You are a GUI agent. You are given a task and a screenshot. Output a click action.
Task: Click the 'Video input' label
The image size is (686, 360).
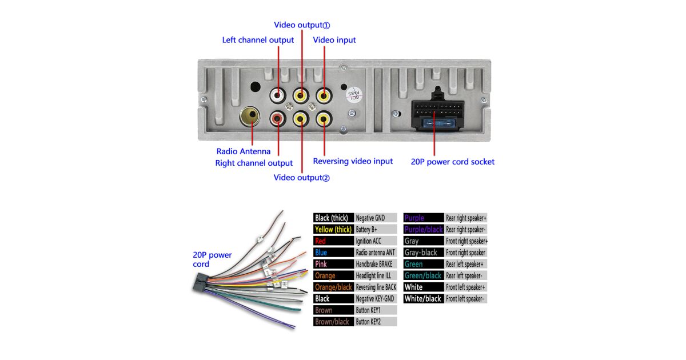334,40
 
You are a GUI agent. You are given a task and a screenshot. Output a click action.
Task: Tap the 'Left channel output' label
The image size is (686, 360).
258,40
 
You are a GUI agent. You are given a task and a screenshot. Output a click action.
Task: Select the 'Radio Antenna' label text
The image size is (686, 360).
244,151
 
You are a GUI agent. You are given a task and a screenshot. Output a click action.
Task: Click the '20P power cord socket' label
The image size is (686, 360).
452,162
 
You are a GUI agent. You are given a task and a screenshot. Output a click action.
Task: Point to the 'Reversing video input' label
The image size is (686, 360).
353,161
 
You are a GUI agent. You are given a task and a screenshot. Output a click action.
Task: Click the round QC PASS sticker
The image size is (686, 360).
354,94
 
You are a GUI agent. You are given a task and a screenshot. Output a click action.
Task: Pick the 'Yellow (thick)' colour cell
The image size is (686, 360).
333,229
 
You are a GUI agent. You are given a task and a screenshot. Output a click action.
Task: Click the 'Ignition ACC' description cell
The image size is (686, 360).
375,241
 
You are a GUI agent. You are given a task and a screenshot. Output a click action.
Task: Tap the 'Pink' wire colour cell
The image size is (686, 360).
333,264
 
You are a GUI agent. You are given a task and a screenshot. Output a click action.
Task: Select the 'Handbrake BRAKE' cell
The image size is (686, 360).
375,264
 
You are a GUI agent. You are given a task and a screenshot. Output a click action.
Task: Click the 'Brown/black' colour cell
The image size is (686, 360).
333,322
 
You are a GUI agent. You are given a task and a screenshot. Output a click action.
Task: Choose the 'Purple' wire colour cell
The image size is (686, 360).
423,218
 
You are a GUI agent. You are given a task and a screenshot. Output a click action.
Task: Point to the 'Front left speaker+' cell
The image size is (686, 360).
466,287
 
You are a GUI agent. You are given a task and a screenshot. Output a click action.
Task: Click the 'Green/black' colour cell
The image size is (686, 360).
423,275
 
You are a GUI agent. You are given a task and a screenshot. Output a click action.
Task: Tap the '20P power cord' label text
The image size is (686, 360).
212,259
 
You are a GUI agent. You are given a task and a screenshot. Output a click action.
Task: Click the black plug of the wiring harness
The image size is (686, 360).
200,283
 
